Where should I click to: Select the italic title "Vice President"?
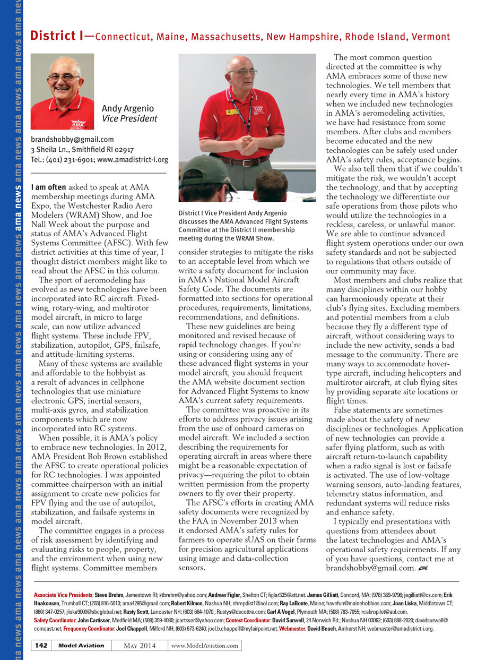point(129,118)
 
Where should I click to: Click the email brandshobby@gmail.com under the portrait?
point(72,140)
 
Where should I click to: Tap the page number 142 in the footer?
point(42,645)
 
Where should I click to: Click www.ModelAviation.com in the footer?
point(205,645)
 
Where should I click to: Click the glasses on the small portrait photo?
point(63,78)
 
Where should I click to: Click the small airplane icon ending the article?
point(423,569)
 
